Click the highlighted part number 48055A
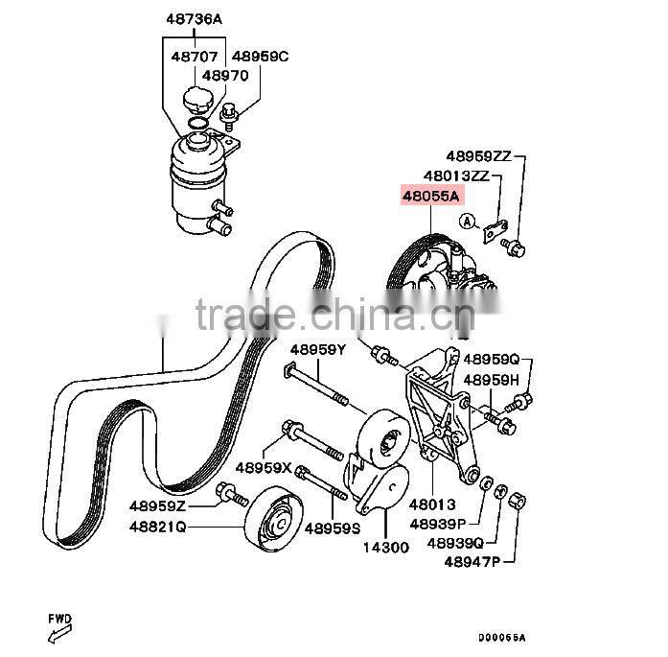coord(431,197)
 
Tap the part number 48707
coord(194,57)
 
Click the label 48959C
coord(261,57)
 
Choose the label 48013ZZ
coord(455,176)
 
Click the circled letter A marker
coord(467,223)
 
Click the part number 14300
coord(384,548)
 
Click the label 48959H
coord(491,379)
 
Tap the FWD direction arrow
coord(59,628)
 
